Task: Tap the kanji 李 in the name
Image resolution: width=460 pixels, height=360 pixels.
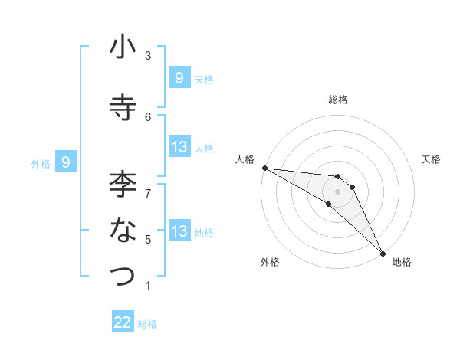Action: pos(123,184)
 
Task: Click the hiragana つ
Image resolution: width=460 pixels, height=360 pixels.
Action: pos(123,277)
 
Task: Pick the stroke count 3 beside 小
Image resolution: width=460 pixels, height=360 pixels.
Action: pos(148,55)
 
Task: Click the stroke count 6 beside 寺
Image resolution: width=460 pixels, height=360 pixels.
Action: pos(148,116)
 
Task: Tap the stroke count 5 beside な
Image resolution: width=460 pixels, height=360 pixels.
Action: pos(148,239)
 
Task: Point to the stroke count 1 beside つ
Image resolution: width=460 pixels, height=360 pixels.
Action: pos(148,285)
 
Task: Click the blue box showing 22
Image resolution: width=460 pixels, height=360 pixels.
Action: pos(123,322)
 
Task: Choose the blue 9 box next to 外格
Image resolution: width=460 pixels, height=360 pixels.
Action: pos(66,162)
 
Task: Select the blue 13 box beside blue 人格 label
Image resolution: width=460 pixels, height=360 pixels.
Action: pos(179,147)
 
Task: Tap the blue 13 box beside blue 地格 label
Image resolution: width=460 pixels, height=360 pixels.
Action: pos(179,231)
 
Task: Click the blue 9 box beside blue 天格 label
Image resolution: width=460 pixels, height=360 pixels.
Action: pos(179,77)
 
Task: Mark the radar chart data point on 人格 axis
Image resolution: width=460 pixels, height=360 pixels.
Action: pos(264,168)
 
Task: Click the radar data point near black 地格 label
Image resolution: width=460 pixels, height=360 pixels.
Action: pos(382,252)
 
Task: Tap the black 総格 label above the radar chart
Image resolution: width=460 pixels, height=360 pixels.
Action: pos(338,100)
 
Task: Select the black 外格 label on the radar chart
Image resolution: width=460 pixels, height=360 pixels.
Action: pos(270,262)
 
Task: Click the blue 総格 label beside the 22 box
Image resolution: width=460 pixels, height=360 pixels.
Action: pos(147,324)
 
